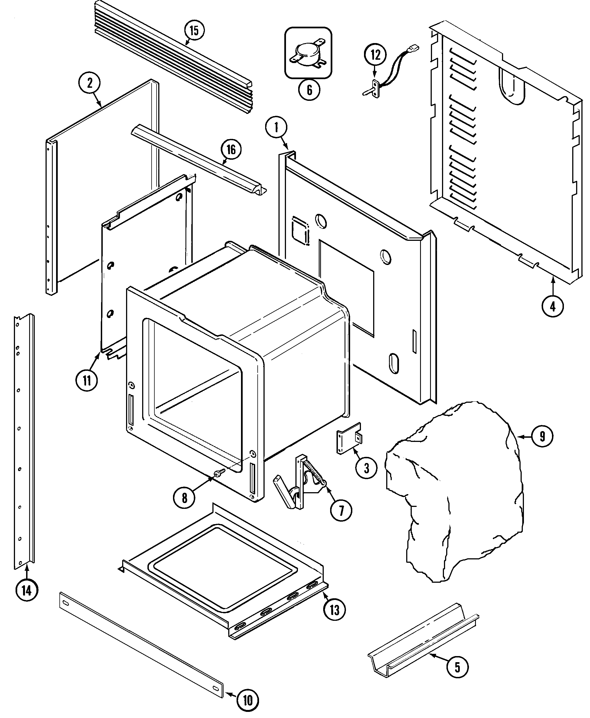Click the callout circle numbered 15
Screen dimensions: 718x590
coord(194,30)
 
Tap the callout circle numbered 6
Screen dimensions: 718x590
coord(309,90)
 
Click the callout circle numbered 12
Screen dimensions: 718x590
coord(375,55)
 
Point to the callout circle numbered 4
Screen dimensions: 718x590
coord(552,306)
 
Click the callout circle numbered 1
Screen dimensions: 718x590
coord(276,127)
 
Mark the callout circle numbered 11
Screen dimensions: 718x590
coord(87,381)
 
